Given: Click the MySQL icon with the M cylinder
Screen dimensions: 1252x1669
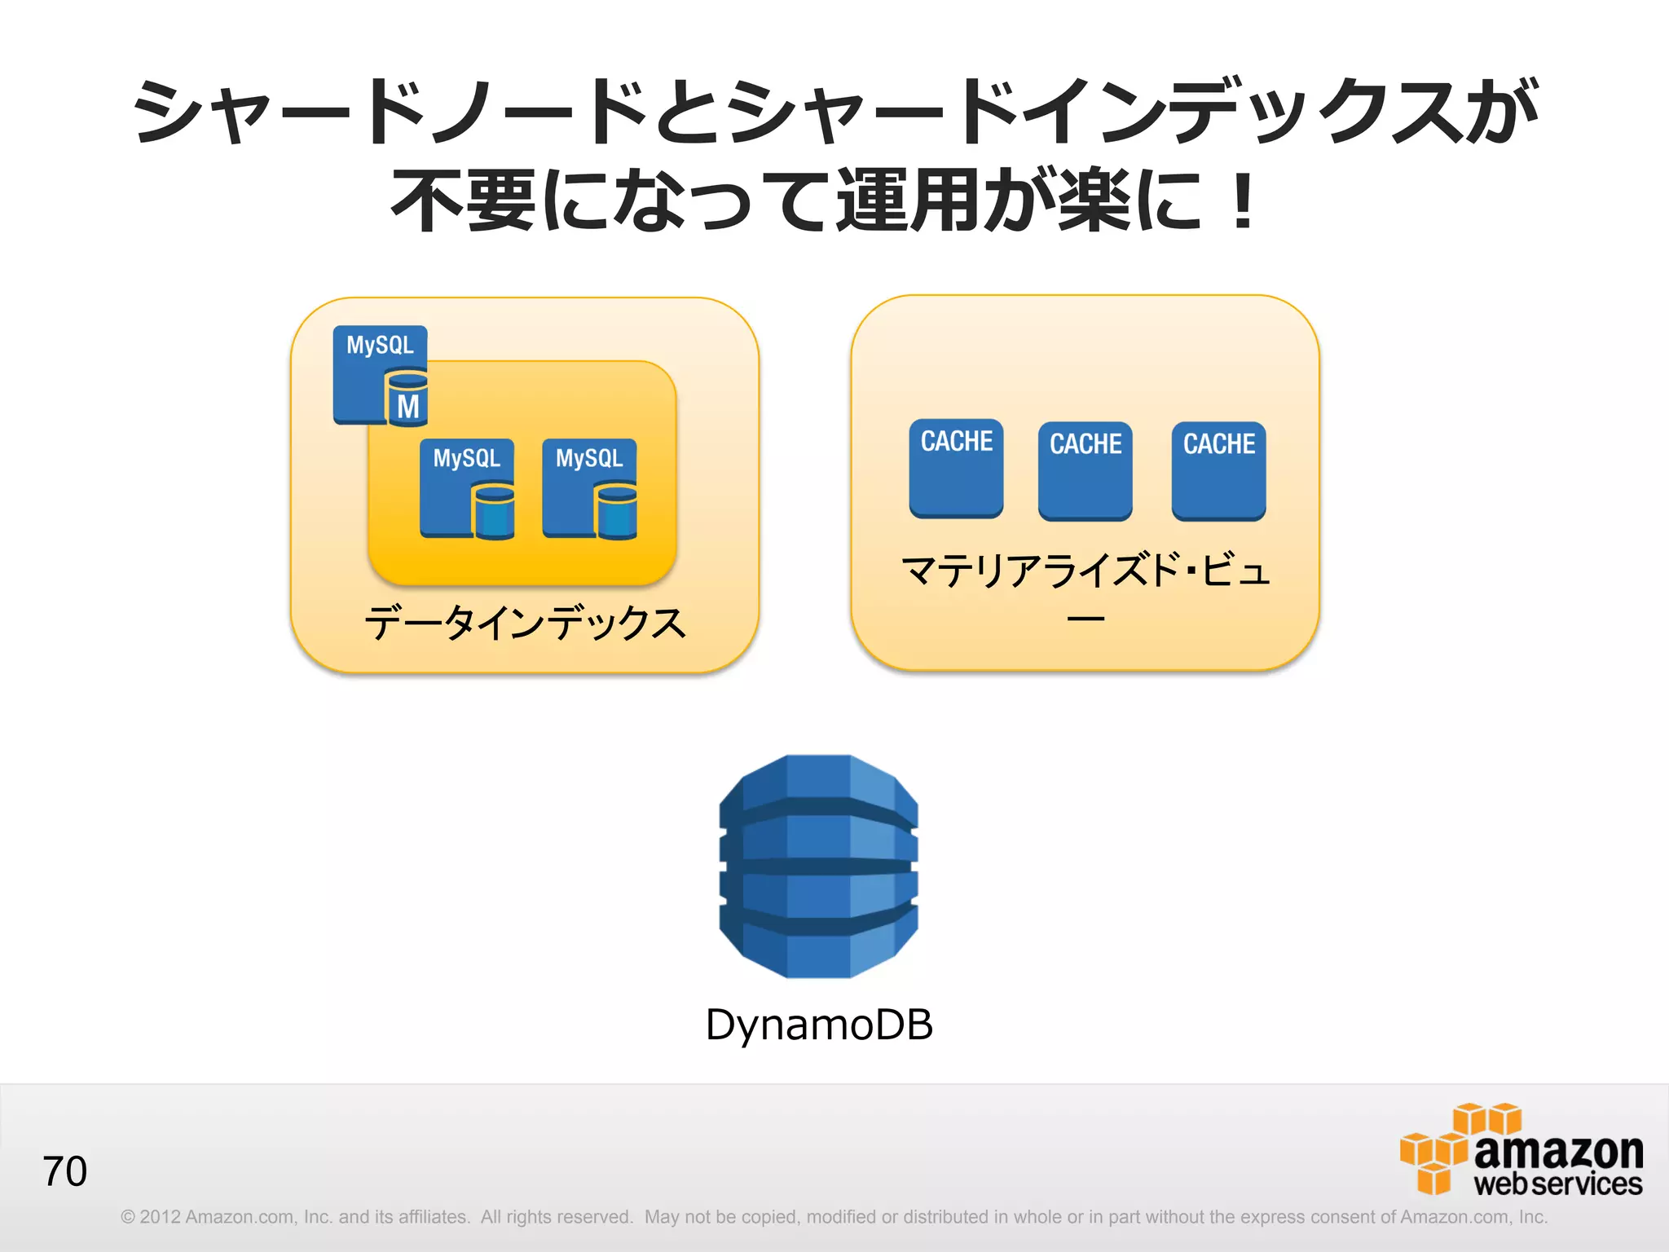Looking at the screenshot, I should [380, 374].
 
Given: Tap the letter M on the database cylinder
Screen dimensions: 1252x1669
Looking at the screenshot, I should [407, 406].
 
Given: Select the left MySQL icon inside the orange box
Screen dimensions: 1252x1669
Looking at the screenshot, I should [466, 488].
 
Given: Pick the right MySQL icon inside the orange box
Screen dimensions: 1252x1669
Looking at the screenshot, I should [589, 488].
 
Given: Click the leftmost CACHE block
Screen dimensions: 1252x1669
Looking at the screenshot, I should [956, 469].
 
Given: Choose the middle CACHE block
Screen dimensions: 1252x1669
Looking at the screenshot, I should [1085, 471].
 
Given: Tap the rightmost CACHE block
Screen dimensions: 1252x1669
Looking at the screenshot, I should [1218, 471].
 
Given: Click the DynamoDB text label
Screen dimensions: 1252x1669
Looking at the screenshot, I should [818, 1024].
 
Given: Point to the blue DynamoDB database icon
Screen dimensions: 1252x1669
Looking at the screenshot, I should [818, 866].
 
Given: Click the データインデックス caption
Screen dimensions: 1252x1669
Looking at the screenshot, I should [525, 624].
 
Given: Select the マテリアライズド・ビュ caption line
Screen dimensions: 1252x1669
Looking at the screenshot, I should [1085, 570].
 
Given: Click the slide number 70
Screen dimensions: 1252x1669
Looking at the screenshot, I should [64, 1171].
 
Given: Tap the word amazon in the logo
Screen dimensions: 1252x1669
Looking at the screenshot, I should [1557, 1151].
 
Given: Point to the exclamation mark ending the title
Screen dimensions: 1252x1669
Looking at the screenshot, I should [1242, 201].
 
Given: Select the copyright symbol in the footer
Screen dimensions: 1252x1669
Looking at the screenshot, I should [127, 1217].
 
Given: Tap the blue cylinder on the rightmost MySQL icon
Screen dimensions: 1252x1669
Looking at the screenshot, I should [616, 511].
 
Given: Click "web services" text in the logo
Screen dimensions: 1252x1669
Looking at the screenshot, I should [1557, 1184].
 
